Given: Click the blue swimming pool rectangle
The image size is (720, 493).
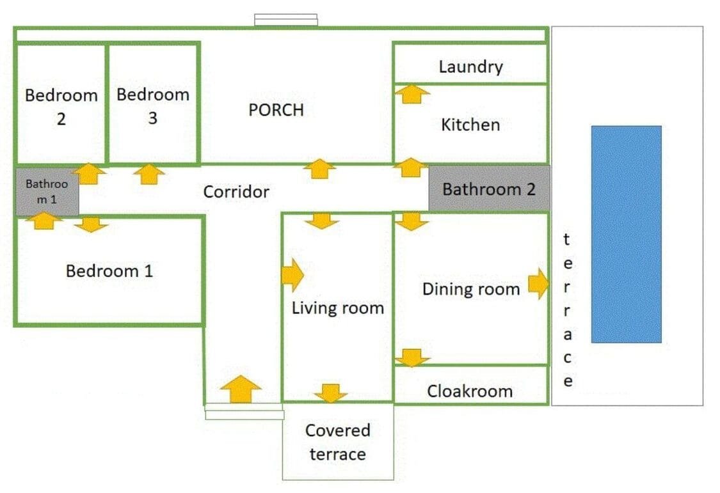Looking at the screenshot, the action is click(627, 234).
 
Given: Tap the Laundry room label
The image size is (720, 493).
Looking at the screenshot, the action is click(470, 67).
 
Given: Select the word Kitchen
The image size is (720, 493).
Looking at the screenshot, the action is click(470, 125).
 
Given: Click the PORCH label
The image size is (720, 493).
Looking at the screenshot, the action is click(276, 110).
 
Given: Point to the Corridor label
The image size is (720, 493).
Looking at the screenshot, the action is click(236, 192).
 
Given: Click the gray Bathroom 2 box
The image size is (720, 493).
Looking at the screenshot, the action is click(489, 189).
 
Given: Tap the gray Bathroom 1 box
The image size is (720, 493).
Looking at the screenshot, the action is click(47, 192).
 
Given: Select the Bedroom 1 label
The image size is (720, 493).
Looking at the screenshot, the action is click(109, 270).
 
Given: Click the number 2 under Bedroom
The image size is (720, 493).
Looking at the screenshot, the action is click(61, 119).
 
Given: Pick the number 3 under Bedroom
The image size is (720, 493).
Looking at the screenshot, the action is click(153, 118).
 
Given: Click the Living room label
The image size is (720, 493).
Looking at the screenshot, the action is click(338, 308).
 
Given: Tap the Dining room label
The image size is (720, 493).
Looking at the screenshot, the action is click(471, 290).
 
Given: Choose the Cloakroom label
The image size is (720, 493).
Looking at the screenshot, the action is click(470, 391).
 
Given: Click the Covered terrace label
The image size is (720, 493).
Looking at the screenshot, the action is click(337, 442).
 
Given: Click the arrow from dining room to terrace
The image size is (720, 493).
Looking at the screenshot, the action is click(538, 284).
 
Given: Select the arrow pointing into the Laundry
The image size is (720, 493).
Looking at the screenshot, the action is click(412, 94).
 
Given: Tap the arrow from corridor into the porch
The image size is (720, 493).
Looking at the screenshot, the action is click(319, 169).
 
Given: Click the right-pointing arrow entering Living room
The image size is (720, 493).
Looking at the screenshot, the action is click(292, 275).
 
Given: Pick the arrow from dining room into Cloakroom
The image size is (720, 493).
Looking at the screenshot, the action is click(412, 357).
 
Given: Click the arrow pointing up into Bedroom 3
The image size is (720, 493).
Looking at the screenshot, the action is click(149, 175).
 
